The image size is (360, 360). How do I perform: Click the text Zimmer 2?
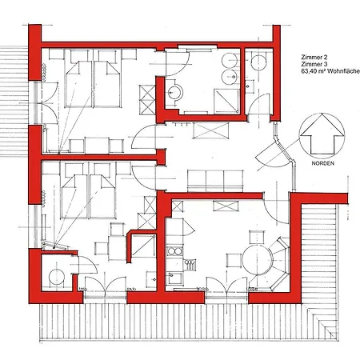click(314, 57)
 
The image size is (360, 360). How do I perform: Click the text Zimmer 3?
click(314, 64)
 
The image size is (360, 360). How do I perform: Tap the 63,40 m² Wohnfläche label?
click(330, 71)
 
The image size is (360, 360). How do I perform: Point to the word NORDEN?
click(322, 163)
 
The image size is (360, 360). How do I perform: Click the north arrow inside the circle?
click(322, 134)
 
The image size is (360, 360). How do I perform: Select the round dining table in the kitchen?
click(258, 260)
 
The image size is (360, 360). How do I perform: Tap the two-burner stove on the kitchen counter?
click(174, 251)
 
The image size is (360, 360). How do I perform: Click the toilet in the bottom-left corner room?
click(57, 277)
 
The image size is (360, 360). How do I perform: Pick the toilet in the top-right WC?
click(258, 62)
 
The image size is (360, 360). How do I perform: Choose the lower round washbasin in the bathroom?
click(230, 77)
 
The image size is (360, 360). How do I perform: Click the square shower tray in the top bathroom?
click(226, 102)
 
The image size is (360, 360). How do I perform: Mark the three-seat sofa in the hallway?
click(215, 181)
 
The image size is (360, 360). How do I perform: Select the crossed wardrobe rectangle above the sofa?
click(211, 130)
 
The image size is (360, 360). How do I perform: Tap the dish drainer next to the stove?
click(190, 265)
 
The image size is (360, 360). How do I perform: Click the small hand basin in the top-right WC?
click(249, 86)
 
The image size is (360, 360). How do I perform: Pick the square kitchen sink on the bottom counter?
click(175, 278)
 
